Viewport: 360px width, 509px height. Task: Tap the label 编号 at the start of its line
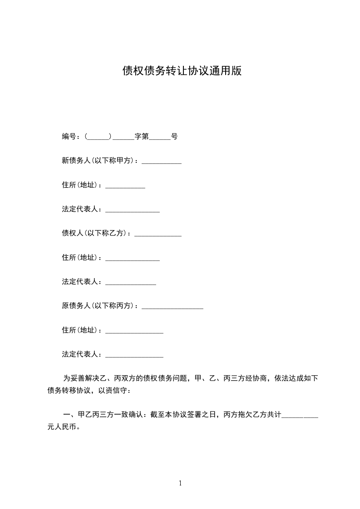[x=69, y=137]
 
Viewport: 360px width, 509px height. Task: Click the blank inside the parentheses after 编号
[x=98, y=137]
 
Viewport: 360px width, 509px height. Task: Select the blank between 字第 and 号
[x=160, y=137]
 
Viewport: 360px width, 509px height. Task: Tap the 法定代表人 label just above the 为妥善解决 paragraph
[x=80, y=354]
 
